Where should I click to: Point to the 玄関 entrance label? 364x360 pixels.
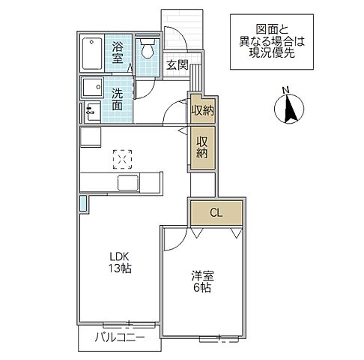click(178, 64)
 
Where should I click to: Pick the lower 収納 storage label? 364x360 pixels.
click(202, 147)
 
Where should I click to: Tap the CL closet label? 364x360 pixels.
click(215, 212)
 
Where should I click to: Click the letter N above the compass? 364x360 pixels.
click(284, 92)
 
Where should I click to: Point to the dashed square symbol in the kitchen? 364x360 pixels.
click(121, 158)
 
